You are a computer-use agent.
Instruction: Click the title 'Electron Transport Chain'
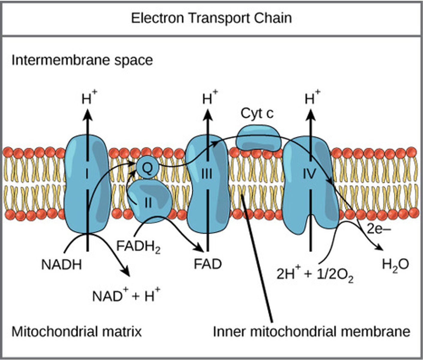[x=211, y=18]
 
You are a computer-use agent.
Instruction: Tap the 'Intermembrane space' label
[x=82, y=60]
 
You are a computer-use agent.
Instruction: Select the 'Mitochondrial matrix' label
[x=76, y=332]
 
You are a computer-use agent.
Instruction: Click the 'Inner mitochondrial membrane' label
[x=311, y=332]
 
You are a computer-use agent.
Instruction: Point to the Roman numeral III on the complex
[x=207, y=174]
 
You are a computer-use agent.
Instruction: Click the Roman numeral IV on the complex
[x=309, y=174]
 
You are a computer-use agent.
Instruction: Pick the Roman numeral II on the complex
[x=147, y=203]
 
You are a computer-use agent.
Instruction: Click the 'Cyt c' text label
[x=257, y=114]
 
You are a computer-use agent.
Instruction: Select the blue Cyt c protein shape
[x=258, y=138]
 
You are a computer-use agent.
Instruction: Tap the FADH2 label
[x=138, y=247]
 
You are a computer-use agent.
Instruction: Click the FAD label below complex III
[x=207, y=264]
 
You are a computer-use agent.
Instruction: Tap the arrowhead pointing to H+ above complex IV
[x=310, y=115]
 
